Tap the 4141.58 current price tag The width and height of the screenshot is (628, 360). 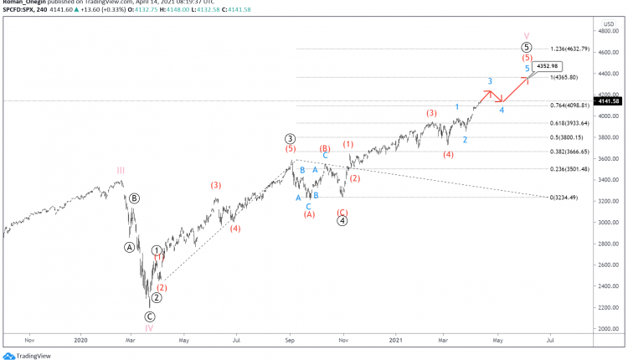coord(605,100)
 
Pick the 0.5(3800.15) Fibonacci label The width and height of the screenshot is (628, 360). coord(571,137)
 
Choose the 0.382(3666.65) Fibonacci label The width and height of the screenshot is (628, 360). coord(574,152)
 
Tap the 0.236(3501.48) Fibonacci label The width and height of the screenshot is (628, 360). coord(574,169)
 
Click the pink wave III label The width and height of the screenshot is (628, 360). coord(121,171)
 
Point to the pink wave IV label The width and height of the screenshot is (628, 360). coord(148,328)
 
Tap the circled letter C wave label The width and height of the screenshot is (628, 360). coord(150,316)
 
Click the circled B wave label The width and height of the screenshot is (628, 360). coord(134,198)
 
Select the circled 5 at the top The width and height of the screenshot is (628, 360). coord(527,47)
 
